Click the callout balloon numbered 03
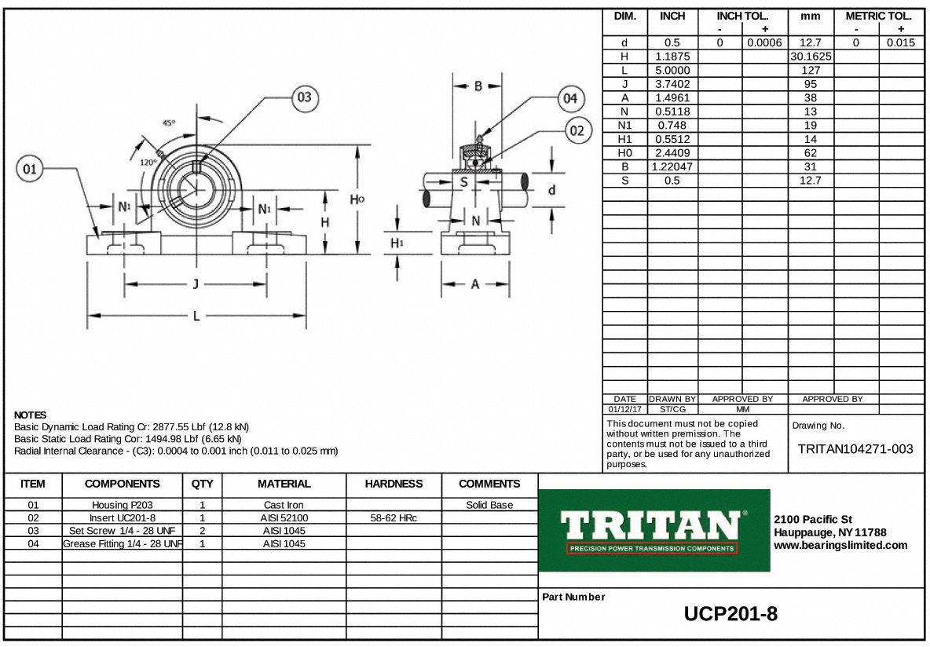(x=304, y=98)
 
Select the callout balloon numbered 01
(x=30, y=169)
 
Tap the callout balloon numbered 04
(x=570, y=99)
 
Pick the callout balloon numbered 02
(x=577, y=131)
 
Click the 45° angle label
(x=168, y=123)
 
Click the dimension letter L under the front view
(x=196, y=316)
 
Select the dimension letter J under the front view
(x=196, y=284)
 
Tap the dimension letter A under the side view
(x=475, y=284)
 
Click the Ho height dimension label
(x=357, y=199)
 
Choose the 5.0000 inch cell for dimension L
(x=672, y=71)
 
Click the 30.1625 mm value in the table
(x=810, y=57)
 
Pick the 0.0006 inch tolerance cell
(x=763, y=43)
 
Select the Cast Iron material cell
(x=284, y=505)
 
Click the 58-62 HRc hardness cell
(x=394, y=518)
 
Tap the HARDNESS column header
(x=394, y=484)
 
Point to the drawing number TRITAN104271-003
(x=855, y=449)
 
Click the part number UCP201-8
(x=730, y=614)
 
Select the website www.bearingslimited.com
(x=840, y=545)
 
